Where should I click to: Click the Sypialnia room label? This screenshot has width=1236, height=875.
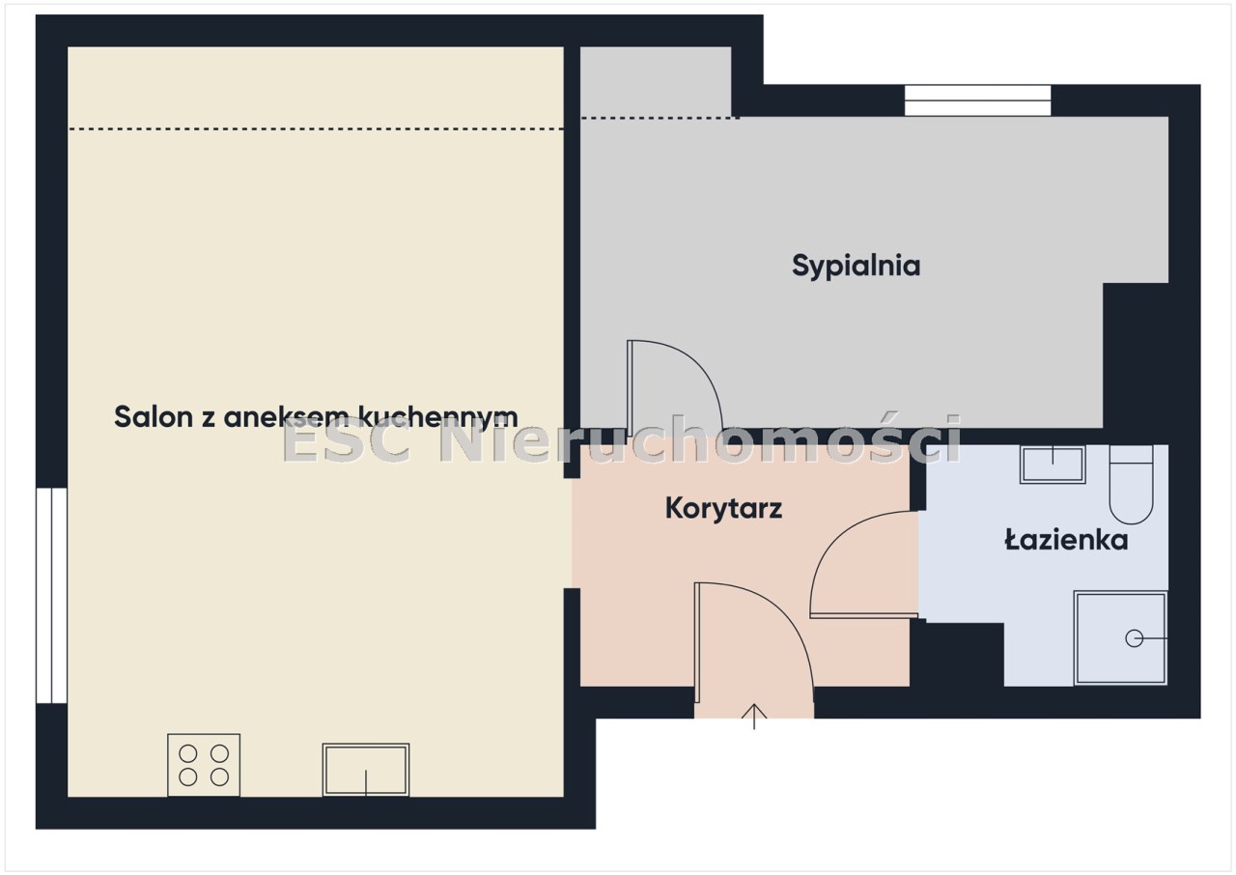[856, 267]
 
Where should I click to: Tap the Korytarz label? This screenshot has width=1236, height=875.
[723, 508]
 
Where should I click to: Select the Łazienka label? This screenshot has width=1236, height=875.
[1066, 540]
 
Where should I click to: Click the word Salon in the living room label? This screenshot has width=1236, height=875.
[153, 416]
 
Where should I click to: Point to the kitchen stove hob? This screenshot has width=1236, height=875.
[204, 765]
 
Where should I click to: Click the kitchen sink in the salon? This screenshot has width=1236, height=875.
[366, 770]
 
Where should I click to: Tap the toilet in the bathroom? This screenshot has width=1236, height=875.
[1131, 484]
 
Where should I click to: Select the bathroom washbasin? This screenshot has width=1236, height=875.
[1053, 465]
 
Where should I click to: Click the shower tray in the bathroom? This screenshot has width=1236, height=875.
[1120, 638]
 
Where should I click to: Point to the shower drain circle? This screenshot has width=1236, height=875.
[1134, 638]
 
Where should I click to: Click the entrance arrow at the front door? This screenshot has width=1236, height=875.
[754, 716]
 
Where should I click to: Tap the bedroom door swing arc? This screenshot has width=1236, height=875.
[694, 364]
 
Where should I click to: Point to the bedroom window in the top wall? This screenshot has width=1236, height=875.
[977, 100]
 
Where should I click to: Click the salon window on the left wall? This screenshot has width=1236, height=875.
[52, 595]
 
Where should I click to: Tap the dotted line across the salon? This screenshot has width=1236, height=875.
[316, 129]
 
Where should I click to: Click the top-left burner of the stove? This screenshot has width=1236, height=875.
[188, 753]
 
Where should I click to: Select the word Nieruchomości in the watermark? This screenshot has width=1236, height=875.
[700, 439]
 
